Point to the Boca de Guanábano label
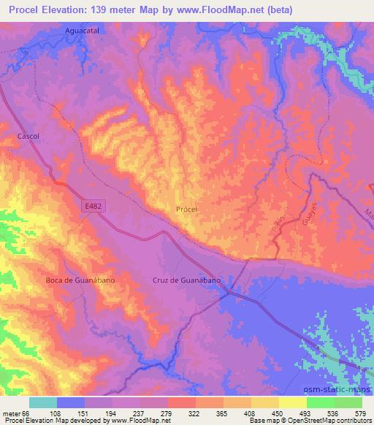[80, 280]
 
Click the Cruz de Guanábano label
[186, 280]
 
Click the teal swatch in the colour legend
[43, 402]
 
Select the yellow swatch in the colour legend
[292, 402]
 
